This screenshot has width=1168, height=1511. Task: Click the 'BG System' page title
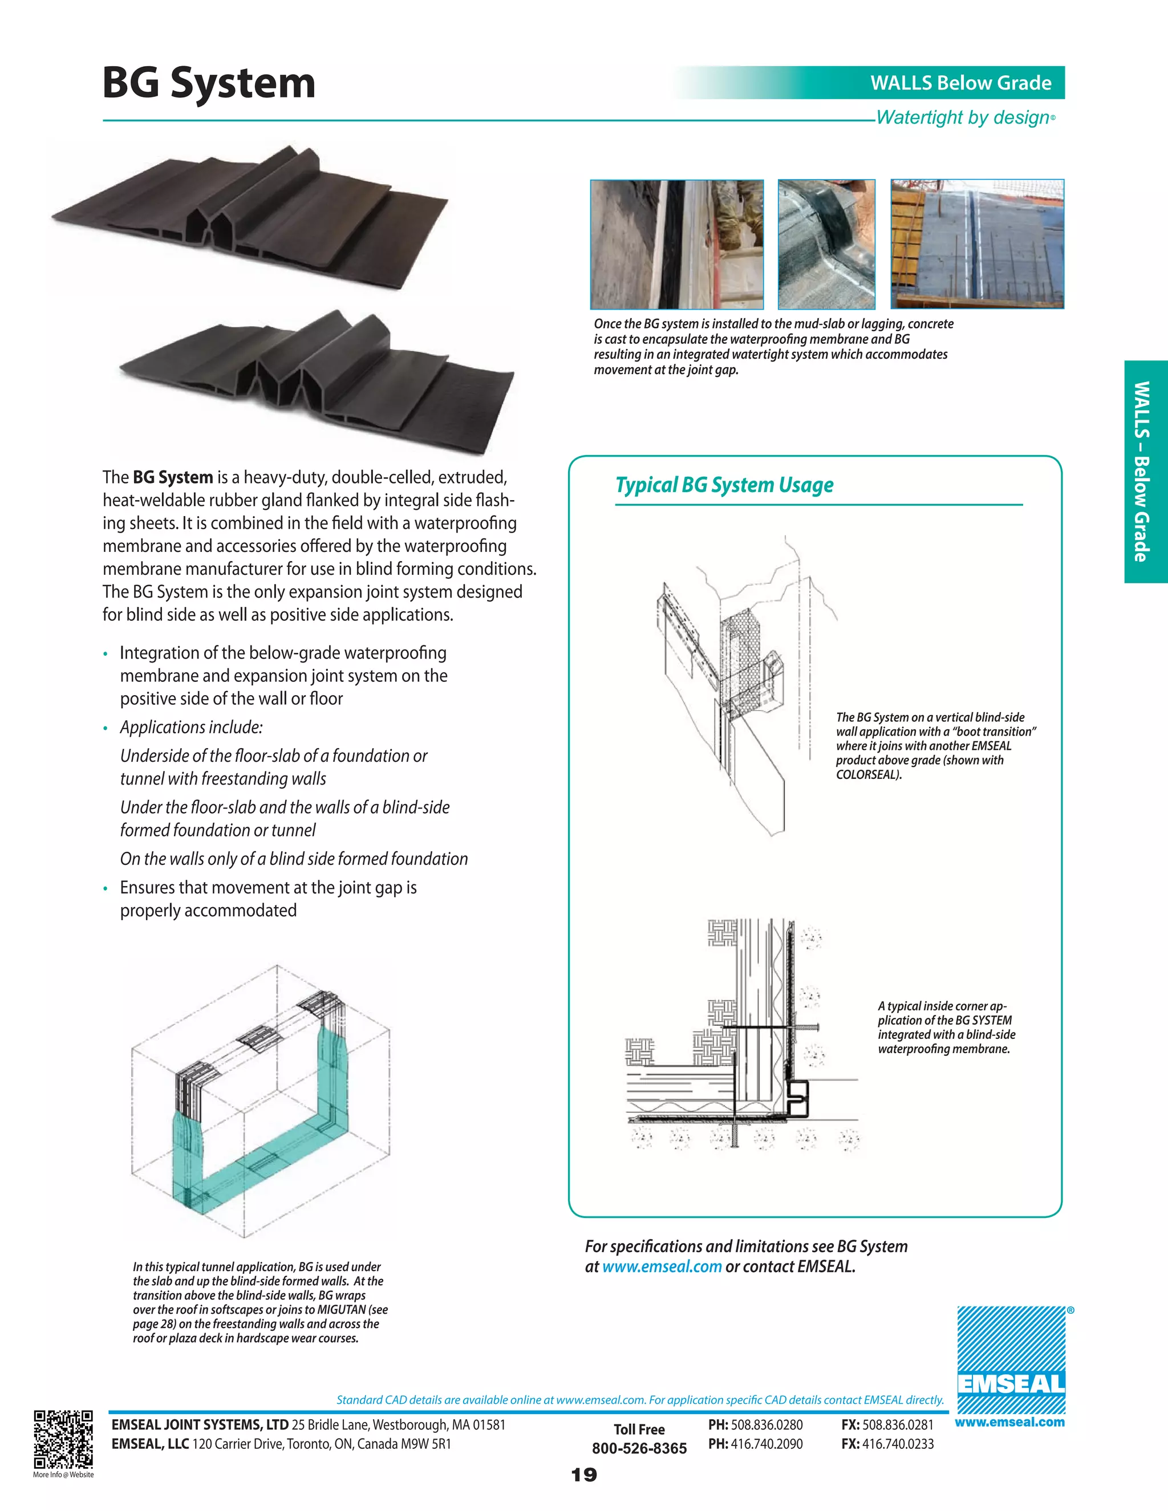tap(208, 84)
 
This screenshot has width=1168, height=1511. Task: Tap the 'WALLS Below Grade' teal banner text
tap(960, 83)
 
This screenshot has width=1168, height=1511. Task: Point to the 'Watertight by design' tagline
tap(963, 117)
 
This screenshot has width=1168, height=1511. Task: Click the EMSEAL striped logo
tap(1011, 1359)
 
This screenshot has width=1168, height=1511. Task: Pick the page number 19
tap(584, 1475)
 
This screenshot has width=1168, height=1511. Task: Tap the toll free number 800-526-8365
tap(639, 1448)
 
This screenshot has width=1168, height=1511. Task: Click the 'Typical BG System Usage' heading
tap(724, 485)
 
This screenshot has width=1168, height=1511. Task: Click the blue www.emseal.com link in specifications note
tap(662, 1267)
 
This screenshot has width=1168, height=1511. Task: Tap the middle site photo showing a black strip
tap(826, 243)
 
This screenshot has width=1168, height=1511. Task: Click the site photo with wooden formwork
tap(976, 243)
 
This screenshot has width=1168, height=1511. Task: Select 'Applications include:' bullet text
tap(191, 727)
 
